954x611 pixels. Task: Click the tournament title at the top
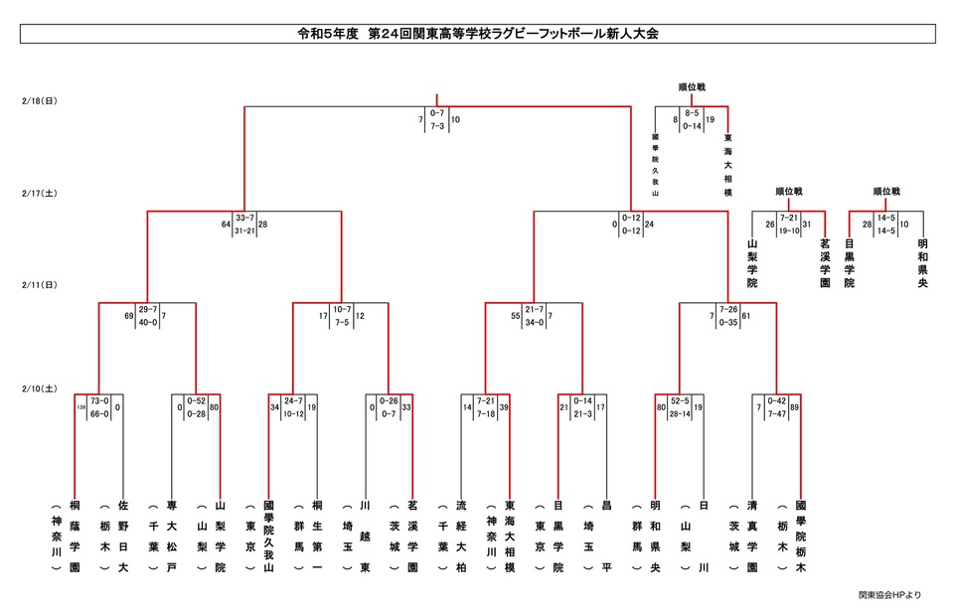(x=477, y=34)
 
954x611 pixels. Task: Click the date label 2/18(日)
(x=38, y=101)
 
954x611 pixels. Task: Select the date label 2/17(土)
(x=38, y=193)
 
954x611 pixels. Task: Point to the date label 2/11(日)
(x=38, y=285)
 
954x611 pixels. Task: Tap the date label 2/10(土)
(x=38, y=387)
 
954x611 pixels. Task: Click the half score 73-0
(x=99, y=400)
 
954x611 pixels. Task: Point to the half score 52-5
(x=680, y=400)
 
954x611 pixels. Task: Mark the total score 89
(x=795, y=406)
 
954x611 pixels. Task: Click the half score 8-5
(x=692, y=114)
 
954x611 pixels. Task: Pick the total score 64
(x=226, y=225)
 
